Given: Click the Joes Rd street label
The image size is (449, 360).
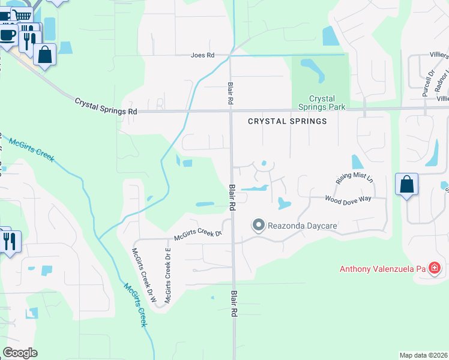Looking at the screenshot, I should click(202, 55).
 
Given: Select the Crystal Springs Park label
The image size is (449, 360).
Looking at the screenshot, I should click(322, 103).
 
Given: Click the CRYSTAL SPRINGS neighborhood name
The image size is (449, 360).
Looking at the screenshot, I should click(288, 121).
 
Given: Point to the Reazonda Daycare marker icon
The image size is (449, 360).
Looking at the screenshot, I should click(259, 225).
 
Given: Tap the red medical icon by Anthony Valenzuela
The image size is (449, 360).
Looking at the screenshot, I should click(435, 268).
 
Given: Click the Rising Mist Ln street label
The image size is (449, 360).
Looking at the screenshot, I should click(354, 178).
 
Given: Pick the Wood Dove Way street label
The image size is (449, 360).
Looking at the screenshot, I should click(348, 199).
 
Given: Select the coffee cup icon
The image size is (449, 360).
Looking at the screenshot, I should click(8, 34).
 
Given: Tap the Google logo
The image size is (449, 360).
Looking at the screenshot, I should click(20, 353).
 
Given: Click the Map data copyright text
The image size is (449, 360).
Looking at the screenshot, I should click(423, 355).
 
